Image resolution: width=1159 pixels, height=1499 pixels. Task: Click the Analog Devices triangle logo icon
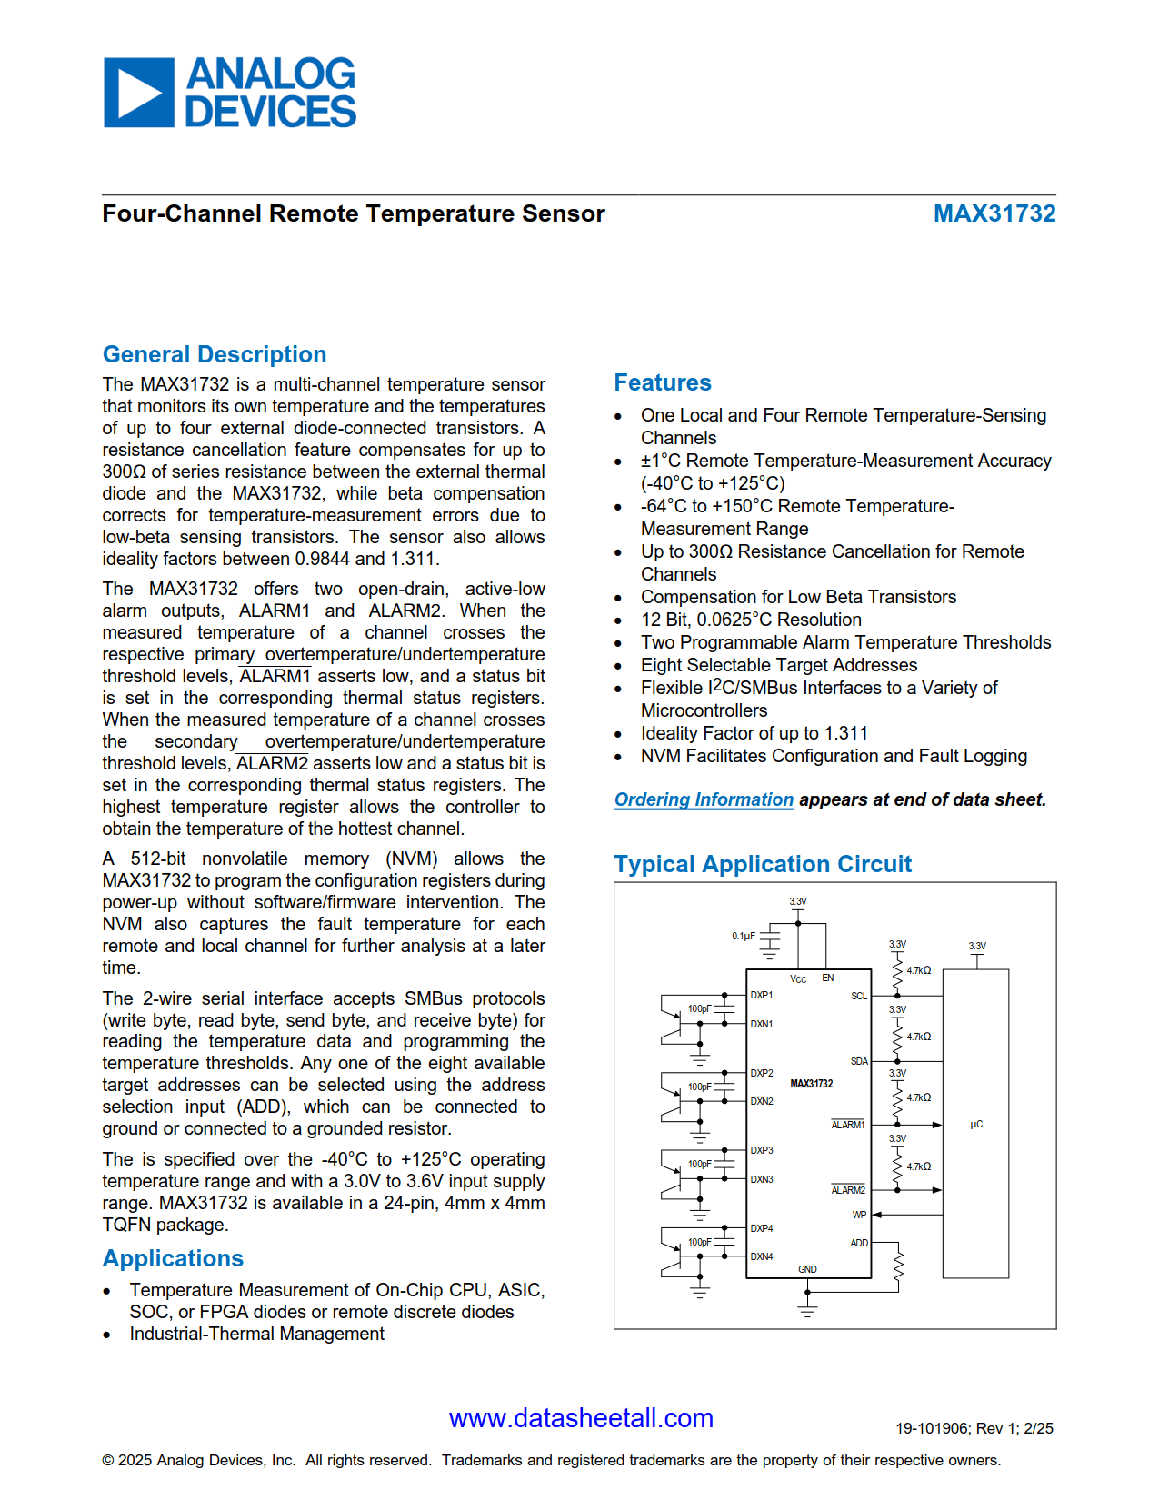[x=138, y=93]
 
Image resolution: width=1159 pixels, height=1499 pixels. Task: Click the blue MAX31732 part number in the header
[x=994, y=213]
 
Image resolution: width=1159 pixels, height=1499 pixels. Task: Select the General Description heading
[x=215, y=354]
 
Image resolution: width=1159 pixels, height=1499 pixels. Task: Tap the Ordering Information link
[x=704, y=799]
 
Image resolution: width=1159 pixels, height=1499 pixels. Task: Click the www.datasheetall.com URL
[x=581, y=1418]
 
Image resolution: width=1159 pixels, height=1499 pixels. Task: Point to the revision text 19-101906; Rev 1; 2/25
[x=974, y=1428]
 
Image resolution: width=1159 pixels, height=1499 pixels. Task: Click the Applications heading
[x=173, y=1258]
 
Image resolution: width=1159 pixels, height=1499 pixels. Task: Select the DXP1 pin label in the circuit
[x=762, y=996]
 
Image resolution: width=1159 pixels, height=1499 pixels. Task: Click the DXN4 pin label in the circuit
[x=762, y=1257]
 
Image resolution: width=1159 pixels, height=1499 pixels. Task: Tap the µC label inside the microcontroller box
[x=976, y=1125]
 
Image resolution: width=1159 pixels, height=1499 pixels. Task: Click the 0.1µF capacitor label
[x=744, y=936]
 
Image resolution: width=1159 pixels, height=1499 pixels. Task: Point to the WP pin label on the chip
[x=859, y=1215]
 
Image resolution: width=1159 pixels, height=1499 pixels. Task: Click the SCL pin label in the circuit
[x=859, y=997]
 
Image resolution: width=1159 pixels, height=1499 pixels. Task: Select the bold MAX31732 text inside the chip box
[x=811, y=1084]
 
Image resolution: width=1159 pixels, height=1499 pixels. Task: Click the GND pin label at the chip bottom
[x=807, y=1269]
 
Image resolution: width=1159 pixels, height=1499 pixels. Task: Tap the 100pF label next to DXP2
[x=699, y=1087]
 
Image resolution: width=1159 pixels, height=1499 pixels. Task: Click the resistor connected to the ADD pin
[x=898, y=1266]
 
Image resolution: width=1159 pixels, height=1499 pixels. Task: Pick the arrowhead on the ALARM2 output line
[x=937, y=1190]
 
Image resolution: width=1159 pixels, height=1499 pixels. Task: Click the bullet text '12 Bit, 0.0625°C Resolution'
[x=751, y=620]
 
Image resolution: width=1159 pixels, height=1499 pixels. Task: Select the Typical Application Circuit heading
[x=763, y=864]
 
